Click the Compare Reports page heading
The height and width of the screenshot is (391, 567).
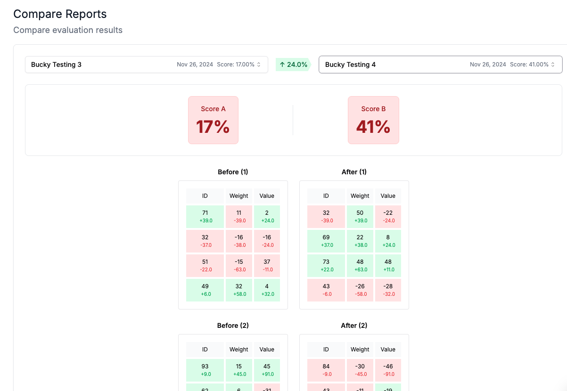tap(60, 14)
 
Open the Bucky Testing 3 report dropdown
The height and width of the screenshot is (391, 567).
tap(146, 65)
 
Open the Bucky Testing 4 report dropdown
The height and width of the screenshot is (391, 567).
tap(440, 65)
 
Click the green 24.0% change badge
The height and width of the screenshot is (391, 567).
tap(293, 65)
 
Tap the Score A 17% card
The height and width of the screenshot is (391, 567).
tap(213, 120)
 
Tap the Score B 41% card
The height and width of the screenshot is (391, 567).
tap(373, 120)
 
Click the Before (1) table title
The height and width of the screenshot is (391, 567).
tap(233, 172)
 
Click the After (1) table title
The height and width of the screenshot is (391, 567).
tap(354, 172)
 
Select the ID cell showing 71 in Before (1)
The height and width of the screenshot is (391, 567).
tap(205, 217)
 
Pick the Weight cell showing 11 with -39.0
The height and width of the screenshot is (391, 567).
tap(239, 217)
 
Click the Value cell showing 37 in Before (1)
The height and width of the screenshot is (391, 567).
tap(267, 266)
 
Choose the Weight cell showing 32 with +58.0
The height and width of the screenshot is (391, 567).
tap(239, 290)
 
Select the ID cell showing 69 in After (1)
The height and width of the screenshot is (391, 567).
tap(326, 241)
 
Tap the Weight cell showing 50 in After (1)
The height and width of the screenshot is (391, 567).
tap(360, 217)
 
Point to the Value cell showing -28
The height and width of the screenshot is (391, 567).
tap(388, 290)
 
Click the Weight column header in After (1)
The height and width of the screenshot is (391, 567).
tap(360, 196)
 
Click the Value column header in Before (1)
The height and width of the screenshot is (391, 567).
tap(267, 196)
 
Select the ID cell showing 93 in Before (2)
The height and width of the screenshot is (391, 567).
tap(205, 370)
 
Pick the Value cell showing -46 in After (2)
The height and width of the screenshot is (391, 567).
tap(388, 370)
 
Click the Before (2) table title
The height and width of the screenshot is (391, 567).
tap(233, 326)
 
